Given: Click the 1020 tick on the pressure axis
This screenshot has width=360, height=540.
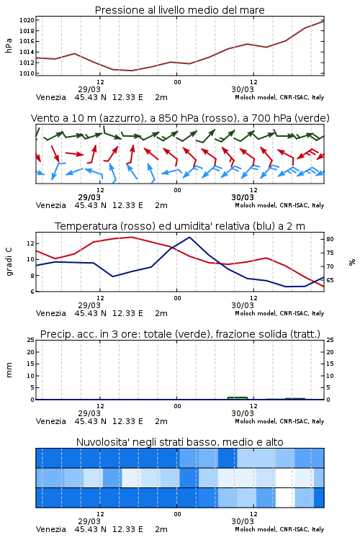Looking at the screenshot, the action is [x=27, y=20].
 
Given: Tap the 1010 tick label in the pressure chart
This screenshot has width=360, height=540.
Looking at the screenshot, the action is [x=27, y=73].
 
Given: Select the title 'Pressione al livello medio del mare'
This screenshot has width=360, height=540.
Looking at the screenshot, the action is [x=180, y=10].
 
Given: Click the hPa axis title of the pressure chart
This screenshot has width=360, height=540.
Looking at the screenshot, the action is [x=9, y=45].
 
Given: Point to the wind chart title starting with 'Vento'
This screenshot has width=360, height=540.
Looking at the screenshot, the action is [x=180, y=118].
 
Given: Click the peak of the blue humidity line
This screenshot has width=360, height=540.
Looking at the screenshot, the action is [x=189, y=237].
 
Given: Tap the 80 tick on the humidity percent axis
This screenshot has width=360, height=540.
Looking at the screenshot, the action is [x=330, y=239].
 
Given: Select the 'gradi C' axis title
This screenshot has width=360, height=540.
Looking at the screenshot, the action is [x=9, y=261].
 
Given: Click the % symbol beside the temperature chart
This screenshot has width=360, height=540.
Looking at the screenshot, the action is [x=352, y=262].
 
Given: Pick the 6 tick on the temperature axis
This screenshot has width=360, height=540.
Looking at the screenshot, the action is [x=32, y=292].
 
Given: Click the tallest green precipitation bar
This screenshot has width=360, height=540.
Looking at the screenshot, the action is [x=238, y=398].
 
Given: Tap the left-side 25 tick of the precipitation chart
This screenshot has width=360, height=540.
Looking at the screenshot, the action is [x=31, y=340].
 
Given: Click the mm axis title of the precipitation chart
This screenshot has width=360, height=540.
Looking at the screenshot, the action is [x=9, y=370].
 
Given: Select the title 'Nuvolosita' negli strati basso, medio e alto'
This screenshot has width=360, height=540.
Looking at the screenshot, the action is [x=180, y=442].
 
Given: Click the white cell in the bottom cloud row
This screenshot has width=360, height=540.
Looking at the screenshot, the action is [x=285, y=498].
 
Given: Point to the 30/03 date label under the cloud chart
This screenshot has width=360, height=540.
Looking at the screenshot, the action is [x=243, y=521].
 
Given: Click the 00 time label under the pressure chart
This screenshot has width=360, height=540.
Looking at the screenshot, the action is [x=177, y=82].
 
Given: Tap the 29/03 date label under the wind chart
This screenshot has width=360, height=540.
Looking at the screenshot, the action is [x=89, y=197].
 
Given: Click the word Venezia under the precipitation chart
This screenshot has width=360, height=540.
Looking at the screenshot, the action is [x=51, y=421].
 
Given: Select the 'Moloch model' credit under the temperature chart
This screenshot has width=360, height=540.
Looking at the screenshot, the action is [x=256, y=313].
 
